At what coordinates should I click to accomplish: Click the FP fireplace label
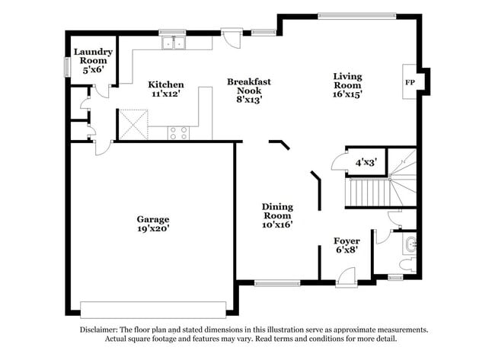coord(410,82)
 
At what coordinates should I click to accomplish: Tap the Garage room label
coord(153,219)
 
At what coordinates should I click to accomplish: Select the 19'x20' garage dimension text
coord(153,228)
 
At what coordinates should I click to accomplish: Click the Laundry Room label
coord(93,56)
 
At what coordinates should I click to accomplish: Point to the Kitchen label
coord(166,84)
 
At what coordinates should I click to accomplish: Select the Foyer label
coord(347,241)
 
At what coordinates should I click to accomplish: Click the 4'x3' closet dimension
coord(366,162)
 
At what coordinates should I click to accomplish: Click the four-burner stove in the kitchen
coord(178,132)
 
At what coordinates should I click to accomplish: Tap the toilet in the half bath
coord(407,264)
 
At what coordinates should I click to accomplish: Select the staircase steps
coord(369,192)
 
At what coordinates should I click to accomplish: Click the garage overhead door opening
coord(153,309)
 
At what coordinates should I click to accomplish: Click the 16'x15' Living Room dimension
coord(347,94)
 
